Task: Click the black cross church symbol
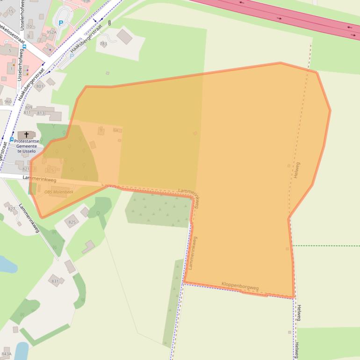(x=27, y=135)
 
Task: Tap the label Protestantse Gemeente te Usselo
(x=27, y=146)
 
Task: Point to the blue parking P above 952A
(x=60, y=23)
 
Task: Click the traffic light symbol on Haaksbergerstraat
(x=109, y=22)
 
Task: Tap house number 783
(x=103, y=44)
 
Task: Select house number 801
(x=40, y=86)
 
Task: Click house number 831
(x=55, y=281)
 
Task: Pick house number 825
(x=72, y=222)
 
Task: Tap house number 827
(x=12, y=209)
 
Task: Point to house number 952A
(x=51, y=32)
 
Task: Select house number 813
(x=41, y=113)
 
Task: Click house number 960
(x=8, y=101)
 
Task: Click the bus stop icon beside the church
(x=12, y=139)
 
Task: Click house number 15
(x=11, y=10)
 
